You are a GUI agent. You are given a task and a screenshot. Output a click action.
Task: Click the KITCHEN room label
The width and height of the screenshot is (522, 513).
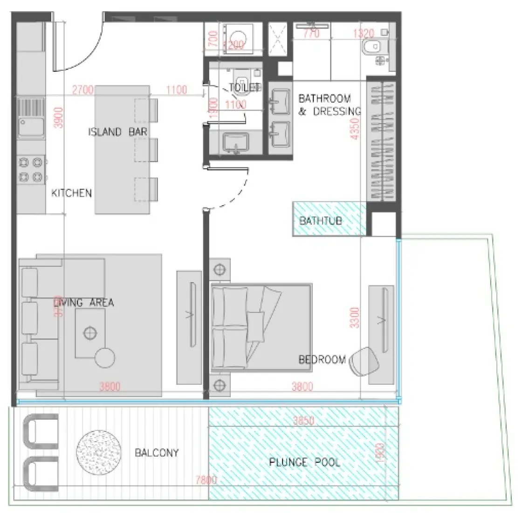(71, 193)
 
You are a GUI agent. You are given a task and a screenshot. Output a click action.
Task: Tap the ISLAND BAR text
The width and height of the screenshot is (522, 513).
(117, 132)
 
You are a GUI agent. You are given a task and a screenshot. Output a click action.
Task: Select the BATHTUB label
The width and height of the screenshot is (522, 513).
(321, 220)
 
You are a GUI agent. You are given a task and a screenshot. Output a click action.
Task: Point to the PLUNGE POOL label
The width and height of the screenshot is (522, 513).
(305, 462)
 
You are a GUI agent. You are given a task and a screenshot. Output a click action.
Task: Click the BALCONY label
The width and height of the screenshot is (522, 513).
(157, 453)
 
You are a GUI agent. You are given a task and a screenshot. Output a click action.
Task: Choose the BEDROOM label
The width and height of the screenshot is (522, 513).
(322, 360)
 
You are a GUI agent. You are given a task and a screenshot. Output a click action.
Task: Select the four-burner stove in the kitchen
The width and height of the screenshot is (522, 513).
(30, 170)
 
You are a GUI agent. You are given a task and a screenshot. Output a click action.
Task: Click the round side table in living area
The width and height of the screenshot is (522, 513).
(104, 358)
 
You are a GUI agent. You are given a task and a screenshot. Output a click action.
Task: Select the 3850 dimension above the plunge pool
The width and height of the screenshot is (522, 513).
(303, 421)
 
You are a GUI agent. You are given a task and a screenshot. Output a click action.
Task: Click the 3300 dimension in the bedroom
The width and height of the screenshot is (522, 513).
(355, 317)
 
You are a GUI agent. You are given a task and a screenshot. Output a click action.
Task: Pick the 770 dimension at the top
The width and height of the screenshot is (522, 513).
(311, 34)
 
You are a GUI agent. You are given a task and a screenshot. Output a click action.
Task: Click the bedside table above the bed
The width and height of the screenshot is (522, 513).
(219, 270)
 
